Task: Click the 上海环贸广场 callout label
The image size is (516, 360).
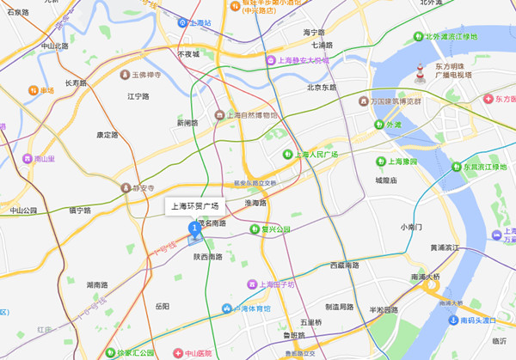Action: pos(194,206)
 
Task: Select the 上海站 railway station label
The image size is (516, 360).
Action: pos(200,23)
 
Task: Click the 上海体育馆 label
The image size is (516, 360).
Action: pos(246,308)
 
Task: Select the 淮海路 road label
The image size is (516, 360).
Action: pos(256,203)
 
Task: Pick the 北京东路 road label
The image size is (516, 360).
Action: pos(321,87)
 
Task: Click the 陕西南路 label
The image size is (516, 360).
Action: pos(207,256)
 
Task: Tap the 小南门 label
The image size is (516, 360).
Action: pos(413,227)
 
